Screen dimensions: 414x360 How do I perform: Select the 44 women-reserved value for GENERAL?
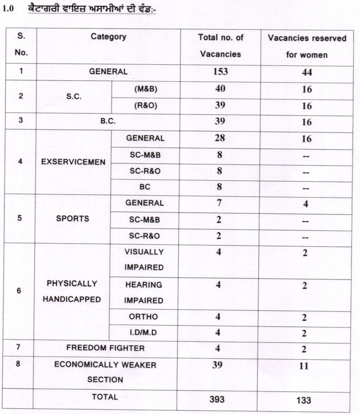point(307,73)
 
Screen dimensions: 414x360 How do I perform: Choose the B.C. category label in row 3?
point(108,121)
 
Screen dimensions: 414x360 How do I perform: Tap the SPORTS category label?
point(73,218)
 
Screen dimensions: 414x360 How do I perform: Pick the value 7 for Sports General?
point(219,202)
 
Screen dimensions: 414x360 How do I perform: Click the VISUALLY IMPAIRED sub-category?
point(144,259)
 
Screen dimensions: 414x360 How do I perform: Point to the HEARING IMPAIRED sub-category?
point(144,292)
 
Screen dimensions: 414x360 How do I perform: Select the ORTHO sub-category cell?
point(144,317)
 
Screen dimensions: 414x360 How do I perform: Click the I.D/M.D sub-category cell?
point(144,333)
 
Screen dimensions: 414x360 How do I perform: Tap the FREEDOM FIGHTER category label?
point(105,348)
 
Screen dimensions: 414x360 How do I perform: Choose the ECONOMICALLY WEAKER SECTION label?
point(105,372)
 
